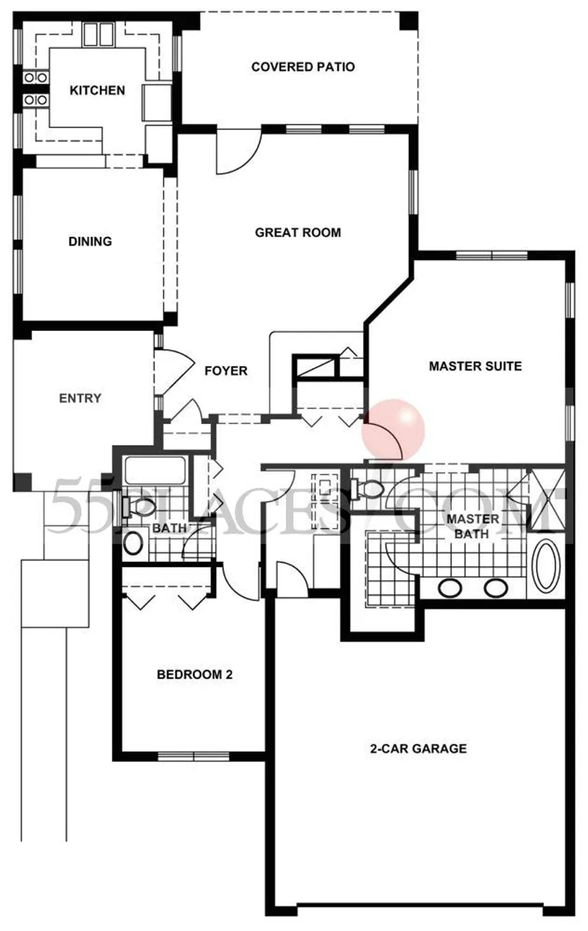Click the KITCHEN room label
(x=97, y=90)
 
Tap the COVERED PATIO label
(x=303, y=67)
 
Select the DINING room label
(x=90, y=241)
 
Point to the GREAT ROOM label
(x=298, y=233)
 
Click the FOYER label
(x=226, y=370)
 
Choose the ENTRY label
(x=80, y=398)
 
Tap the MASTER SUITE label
(x=475, y=366)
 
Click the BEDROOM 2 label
(x=194, y=674)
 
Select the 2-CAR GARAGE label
(x=418, y=748)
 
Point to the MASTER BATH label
(x=472, y=526)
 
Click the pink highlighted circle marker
(x=393, y=430)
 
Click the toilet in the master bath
(x=366, y=489)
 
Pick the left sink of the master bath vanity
(x=450, y=588)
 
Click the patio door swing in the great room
(x=239, y=151)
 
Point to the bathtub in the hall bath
(x=155, y=471)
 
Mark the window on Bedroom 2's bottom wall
(x=193, y=756)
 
